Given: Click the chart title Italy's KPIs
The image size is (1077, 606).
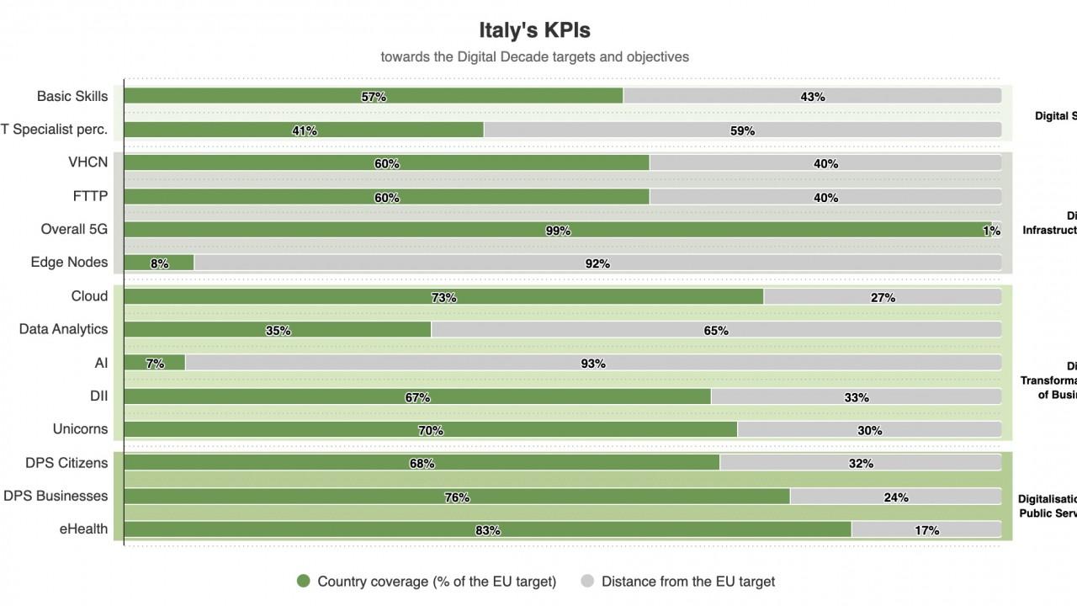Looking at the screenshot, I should (x=534, y=30).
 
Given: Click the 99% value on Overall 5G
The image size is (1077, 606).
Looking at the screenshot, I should (x=558, y=231).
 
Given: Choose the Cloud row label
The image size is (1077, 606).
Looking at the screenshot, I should (x=89, y=296).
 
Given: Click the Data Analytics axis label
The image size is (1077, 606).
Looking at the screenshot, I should (x=63, y=329).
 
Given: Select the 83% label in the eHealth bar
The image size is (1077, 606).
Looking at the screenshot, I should (x=488, y=530).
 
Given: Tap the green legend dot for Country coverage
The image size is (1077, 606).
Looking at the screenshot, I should (x=304, y=581).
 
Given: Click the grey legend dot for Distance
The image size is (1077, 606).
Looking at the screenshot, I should (x=587, y=581).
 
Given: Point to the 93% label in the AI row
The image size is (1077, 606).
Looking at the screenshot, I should (x=593, y=364).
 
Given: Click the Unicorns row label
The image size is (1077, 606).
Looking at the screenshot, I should (x=80, y=429).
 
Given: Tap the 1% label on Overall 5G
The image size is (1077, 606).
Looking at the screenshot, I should (x=992, y=231).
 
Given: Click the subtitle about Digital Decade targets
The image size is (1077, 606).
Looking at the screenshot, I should (x=534, y=57).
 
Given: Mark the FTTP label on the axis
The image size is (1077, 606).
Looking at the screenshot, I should (x=90, y=196).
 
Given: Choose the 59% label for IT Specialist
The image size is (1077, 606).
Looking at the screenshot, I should (x=742, y=130).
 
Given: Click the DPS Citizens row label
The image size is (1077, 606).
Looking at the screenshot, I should (x=66, y=463).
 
